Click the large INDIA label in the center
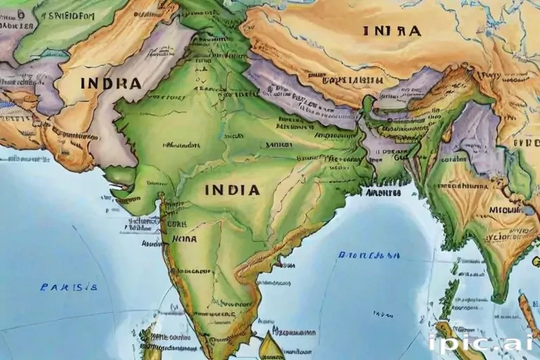coord(232,190)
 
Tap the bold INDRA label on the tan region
coord(111,83)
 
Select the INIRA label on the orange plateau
coord(392,31)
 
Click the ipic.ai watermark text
coord(480,342)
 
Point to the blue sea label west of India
coord(68,287)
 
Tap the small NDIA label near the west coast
coord(184,239)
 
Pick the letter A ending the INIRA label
coord(416,31)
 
